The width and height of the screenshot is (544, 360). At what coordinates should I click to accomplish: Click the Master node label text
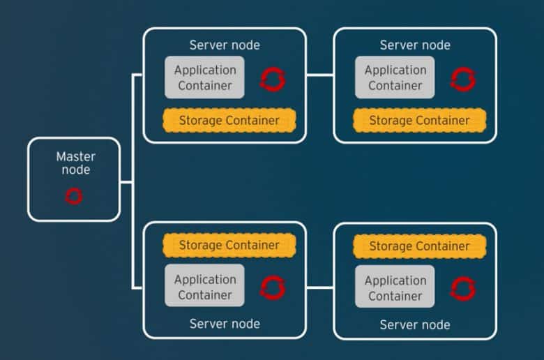click(x=75, y=163)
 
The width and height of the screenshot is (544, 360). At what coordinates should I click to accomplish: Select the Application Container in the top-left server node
click(x=204, y=77)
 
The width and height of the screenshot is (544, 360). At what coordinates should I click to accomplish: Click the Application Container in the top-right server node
click(x=395, y=77)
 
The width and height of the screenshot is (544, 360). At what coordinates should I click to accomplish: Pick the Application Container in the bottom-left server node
click(x=204, y=285)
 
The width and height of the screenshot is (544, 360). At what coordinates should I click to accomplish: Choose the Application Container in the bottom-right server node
click(x=395, y=287)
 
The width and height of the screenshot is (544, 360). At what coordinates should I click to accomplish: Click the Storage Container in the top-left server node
click(x=229, y=120)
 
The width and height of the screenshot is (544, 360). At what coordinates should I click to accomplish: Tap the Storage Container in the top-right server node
click(x=419, y=120)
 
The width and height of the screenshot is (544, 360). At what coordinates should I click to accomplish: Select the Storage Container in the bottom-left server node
click(x=229, y=245)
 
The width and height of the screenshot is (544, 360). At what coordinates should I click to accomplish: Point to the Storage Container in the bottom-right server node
click(x=419, y=246)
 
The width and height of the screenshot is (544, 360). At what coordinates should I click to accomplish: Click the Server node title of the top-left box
click(x=225, y=45)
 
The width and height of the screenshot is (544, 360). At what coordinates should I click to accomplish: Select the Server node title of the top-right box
click(x=415, y=45)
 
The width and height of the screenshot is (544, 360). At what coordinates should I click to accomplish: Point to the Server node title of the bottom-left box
click(x=225, y=324)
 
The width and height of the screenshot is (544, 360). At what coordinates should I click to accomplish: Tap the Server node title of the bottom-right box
click(x=415, y=324)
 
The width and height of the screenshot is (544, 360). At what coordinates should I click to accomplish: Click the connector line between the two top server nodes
click(x=320, y=74)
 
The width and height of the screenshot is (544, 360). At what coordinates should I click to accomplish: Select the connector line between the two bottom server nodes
click(x=320, y=287)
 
